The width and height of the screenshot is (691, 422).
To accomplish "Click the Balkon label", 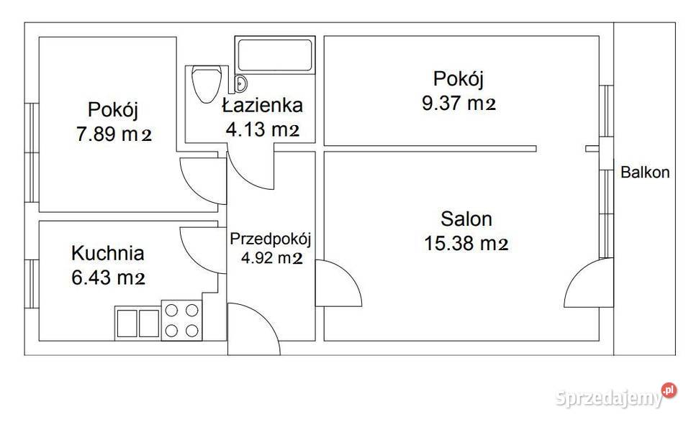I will tap(645, 173).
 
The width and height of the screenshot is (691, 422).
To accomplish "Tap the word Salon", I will tap(466, 219).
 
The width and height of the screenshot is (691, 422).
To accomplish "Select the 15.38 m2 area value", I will tap(466, 244).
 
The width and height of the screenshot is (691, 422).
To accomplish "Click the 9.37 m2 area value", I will tap(459, 104).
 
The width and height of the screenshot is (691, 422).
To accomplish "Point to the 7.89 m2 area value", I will tap(114, 134).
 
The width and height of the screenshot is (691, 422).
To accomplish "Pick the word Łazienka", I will tap(262, 106).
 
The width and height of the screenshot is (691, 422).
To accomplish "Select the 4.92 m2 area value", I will tap(271, 257).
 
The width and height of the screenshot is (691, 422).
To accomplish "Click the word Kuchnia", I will tap(108, 253).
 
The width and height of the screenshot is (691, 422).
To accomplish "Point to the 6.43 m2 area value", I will tap(109, 277).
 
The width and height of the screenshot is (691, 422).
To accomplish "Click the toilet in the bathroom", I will tap(207, 85).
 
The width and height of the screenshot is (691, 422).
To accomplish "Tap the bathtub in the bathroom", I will tap(276, 55).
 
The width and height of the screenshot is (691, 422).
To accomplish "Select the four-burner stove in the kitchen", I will tap(182, 320).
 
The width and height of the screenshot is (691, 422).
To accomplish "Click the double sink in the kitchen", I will tap(137, 323).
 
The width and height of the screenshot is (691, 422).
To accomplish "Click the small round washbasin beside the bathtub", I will tap(240, 82).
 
